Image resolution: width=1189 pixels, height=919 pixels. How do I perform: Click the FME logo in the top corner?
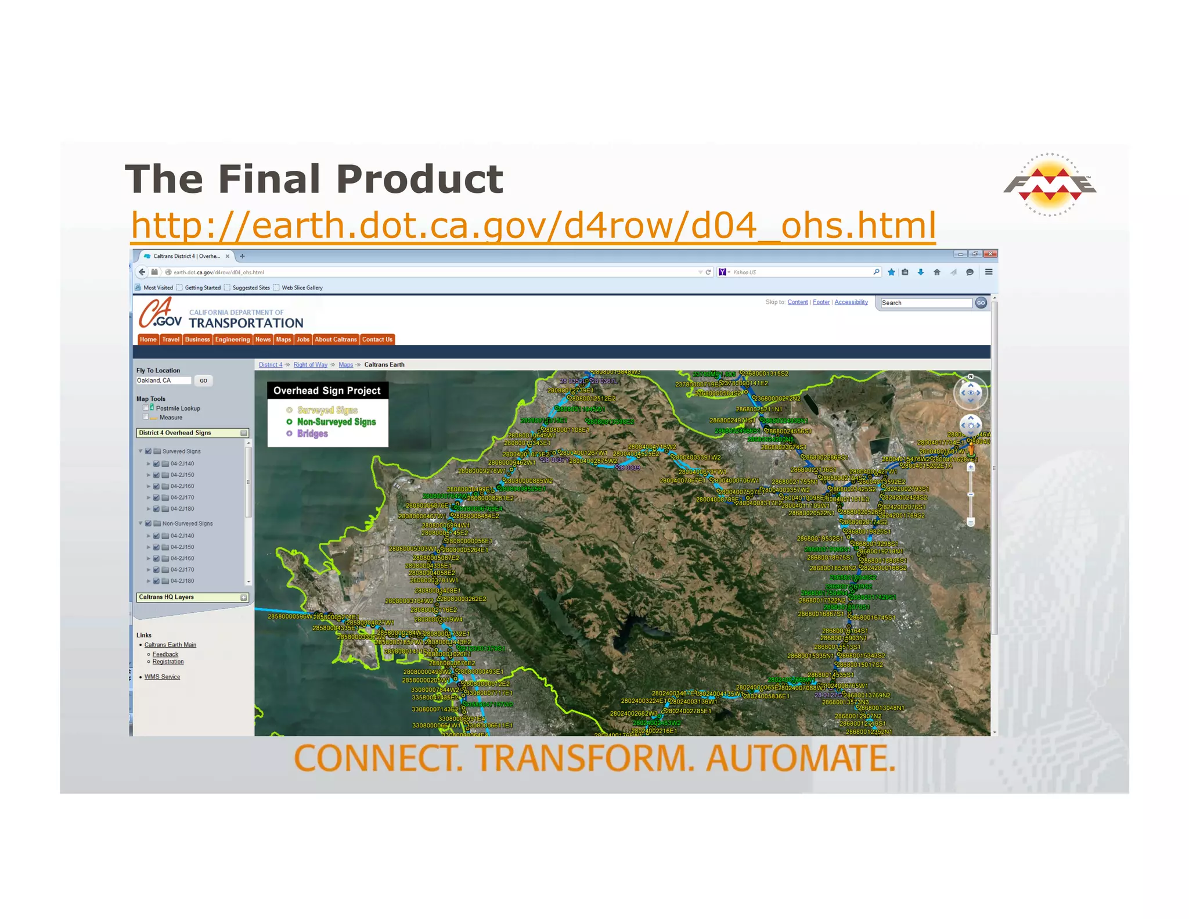[x=1050, y=185]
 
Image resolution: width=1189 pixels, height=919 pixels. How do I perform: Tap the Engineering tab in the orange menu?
[x=232, y=340]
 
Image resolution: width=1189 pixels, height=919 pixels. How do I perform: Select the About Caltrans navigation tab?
[x=336, y=340]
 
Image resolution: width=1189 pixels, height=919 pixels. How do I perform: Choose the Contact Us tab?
[x=377, y=340]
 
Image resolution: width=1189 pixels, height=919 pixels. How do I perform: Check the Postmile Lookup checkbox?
[x=146, y=408]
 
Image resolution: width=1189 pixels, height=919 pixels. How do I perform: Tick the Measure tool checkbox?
[x=146, y=417]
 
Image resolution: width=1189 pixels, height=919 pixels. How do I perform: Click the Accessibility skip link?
[x=851, y=302]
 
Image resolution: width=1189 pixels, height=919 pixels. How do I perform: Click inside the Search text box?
[x=925, y=303]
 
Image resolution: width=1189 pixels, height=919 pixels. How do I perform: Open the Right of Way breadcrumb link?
[x=310, y=365]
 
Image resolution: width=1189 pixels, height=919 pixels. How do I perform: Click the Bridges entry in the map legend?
[x=312, y=434]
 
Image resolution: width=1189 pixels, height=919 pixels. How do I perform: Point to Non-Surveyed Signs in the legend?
[x=336, y=422]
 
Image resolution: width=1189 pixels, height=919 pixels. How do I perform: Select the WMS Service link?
[x=162, y=677]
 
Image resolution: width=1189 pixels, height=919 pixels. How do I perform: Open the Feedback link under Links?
[x=165, y=654]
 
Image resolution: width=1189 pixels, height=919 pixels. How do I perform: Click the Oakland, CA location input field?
[x=163, y=380]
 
